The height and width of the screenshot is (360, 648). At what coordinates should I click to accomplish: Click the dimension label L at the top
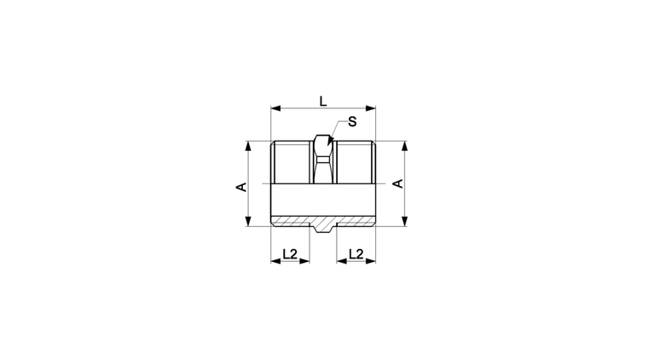coord(323,101)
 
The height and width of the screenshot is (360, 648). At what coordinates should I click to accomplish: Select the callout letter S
coord(352,122)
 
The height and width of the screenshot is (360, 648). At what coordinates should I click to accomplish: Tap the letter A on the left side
coord(241,187)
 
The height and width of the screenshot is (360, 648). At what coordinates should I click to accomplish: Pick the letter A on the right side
coord(397,183)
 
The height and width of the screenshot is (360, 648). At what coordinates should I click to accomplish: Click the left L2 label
coord(290,253)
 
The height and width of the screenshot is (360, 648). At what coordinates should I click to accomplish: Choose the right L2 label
coord(356,253)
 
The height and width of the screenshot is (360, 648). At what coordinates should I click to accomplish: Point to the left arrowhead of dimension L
coord(275,108)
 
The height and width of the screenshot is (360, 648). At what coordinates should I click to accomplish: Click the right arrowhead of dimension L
coord(371,108)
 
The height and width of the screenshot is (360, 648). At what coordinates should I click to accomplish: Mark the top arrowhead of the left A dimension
coord(248,146)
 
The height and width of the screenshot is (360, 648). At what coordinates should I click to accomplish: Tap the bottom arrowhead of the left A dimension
coord(248,221)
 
